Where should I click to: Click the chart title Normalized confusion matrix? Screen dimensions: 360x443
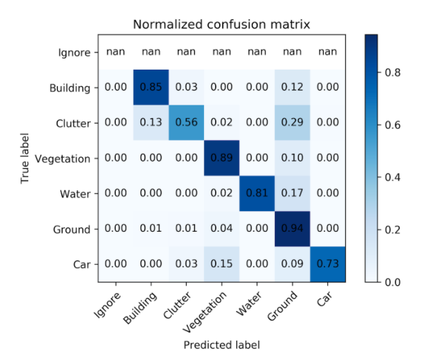point(221,25)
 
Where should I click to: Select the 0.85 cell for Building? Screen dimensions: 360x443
point(150,88)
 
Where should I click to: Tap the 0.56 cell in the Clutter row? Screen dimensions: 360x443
point(185,123)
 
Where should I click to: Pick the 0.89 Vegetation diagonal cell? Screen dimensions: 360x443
point(220,158)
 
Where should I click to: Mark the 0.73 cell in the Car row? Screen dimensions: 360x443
point(327,264)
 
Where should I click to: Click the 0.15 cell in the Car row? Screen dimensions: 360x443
point(220,264)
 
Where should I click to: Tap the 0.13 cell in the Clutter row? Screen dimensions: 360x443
point(150,123)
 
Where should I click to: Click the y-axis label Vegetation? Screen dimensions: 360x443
point(66,159)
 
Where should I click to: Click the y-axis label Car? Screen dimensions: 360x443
point(81,264)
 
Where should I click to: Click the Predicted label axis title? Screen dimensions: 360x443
point(221,343)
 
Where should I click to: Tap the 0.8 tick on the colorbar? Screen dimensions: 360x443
point(393,71)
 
